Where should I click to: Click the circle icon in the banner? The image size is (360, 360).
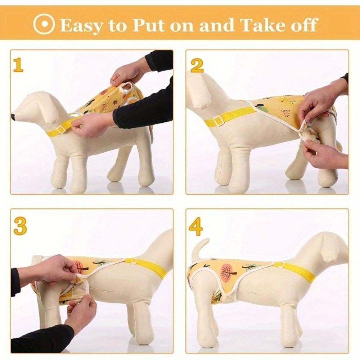pyautogui.click(x=44, y=24)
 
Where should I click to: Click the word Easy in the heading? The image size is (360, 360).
pyautogui.click(x=80, y=25)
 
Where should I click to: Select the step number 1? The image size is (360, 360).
pyautogui.click(x=18, y=65)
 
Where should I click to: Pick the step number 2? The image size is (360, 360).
pyautogui.click(x=197, y=65)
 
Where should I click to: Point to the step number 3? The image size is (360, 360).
pyautogui.click(x=20, y=226)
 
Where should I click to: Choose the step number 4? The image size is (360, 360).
pyautogui.click(x=196, y=227)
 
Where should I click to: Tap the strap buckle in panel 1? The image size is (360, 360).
pyautogui.click(x=60, y=129)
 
